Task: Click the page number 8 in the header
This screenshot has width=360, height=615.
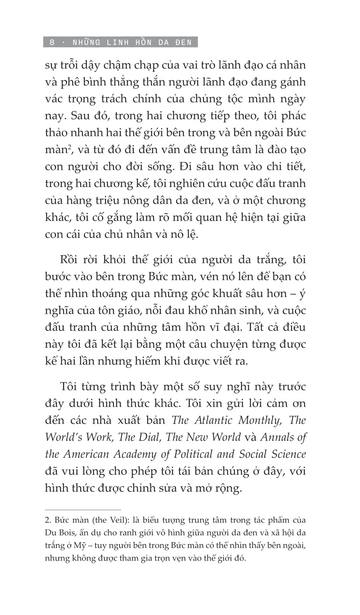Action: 52,42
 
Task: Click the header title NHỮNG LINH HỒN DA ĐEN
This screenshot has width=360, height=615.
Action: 132,42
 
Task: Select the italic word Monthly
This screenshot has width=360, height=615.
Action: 260,420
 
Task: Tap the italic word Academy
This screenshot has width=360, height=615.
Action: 135,454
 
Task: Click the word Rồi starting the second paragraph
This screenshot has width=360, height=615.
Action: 69,260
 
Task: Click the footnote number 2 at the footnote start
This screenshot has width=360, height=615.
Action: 48,520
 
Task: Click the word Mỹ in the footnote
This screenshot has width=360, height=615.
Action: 80,546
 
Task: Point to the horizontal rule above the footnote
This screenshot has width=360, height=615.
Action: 83,510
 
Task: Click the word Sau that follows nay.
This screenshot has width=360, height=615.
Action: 79,116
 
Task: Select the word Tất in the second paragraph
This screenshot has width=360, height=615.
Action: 256,327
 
